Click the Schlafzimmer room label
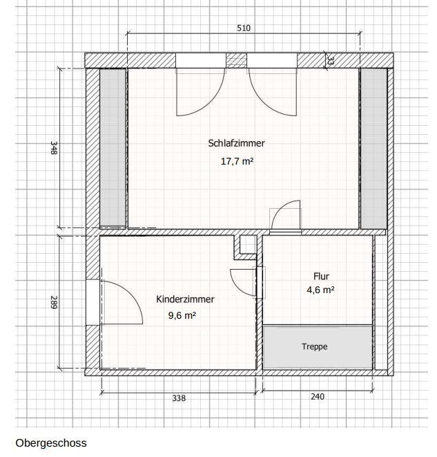coord(236,143)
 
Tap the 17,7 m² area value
coord(237,161)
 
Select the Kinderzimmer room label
coord(185,299)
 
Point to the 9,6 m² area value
coord(182,315)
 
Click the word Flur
coord(321,276)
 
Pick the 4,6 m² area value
coord(320,290)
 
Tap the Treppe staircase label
coord(315,346)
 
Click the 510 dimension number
coord(244,28)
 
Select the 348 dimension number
coord(54,148)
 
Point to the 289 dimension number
coord(54,302)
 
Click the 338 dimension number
coord(179,398)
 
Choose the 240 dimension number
coord(318,397)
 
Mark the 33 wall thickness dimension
coord(331,60)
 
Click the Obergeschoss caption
coord(51,443)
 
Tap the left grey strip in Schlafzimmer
coord(113,147)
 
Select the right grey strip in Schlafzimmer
coord(374,149)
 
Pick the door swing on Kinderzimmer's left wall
coord(133,295)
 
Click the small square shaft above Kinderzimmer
coord(248,244)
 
